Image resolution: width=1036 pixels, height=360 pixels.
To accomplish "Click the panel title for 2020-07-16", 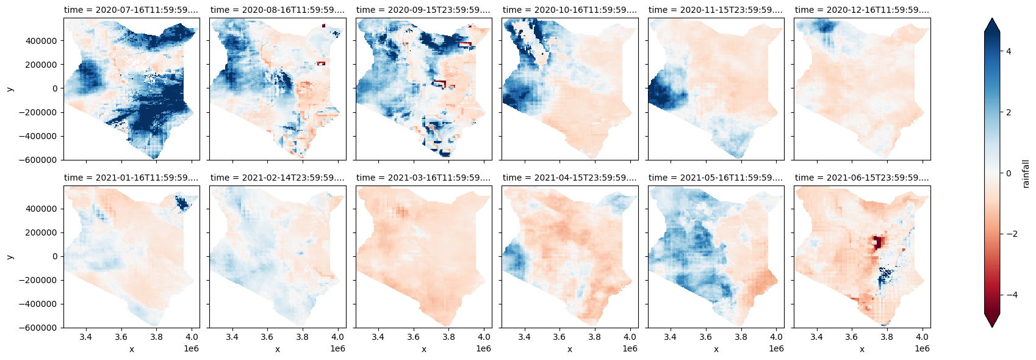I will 131,10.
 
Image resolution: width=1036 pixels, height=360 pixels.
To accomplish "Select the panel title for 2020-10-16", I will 569,10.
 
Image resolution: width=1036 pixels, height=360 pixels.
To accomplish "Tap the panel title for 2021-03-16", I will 423,178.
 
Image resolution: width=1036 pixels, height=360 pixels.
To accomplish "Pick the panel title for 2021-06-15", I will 862,178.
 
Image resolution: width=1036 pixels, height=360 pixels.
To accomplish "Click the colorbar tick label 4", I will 1008,51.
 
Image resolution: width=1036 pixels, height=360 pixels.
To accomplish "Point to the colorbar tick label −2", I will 1010,234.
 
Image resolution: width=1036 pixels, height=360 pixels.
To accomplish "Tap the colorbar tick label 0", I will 1008,173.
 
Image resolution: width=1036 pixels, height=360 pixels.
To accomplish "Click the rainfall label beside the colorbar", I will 1026,173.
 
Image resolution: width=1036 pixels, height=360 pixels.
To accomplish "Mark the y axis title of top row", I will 10,89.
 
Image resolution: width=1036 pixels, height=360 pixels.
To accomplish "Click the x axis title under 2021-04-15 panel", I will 569,349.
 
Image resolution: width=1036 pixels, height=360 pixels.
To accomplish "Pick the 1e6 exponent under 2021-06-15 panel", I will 922,348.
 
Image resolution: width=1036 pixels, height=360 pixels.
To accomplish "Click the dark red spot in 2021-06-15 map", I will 878,242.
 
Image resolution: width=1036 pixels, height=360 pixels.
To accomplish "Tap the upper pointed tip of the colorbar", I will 992,20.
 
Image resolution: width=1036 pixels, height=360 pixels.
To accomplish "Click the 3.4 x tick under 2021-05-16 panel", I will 670,337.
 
